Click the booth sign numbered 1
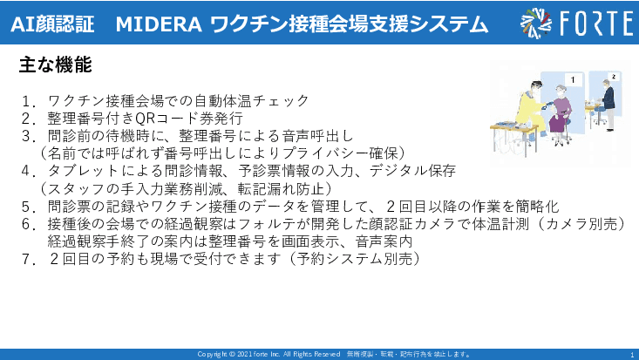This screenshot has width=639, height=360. pyautogui.click(x=572, y=80)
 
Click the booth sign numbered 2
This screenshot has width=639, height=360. pyautogui.click(x=613, y=77)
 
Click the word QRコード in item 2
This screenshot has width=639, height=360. pyautogui.click(x=173, y=118)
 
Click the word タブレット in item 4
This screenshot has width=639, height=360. pyautogui.click(x=86, y=171)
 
